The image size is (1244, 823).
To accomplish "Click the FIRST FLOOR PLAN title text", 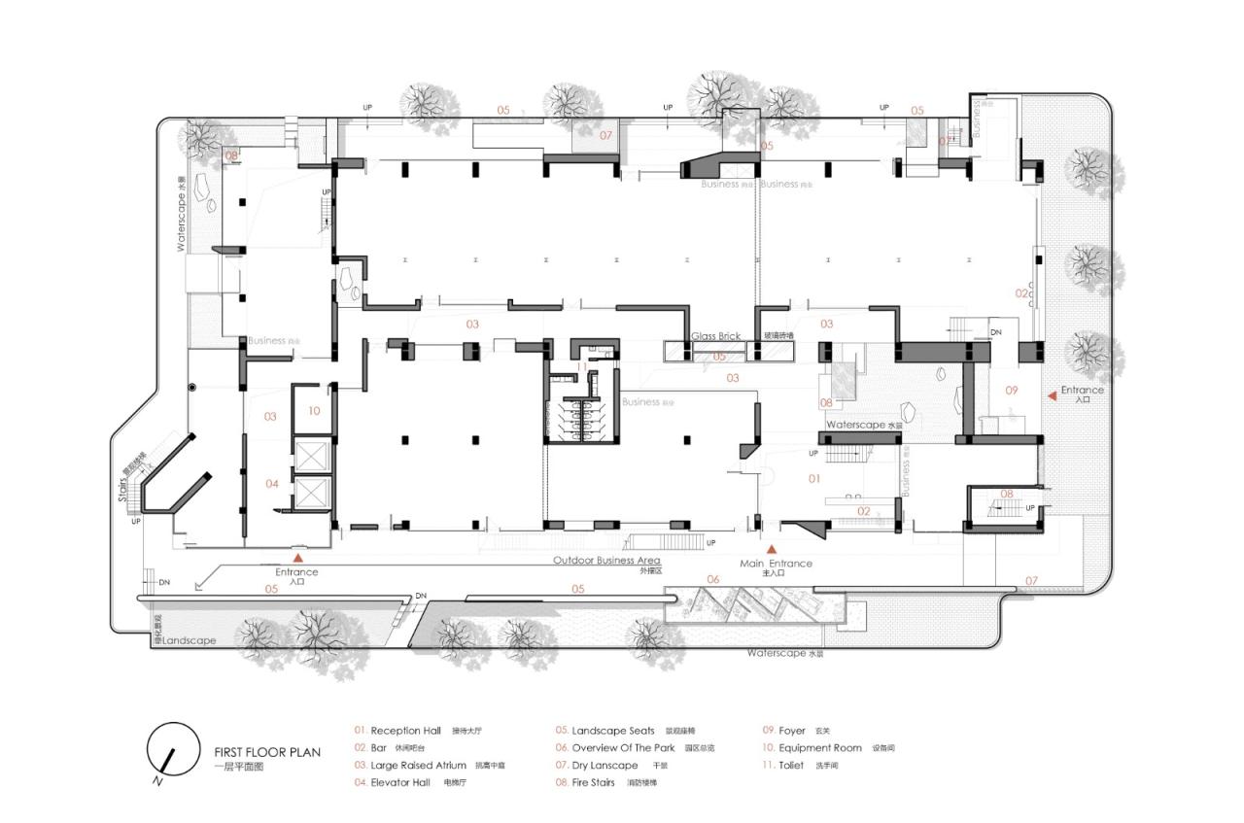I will coord(267,751).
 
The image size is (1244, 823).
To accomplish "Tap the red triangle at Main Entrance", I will coord(773,550).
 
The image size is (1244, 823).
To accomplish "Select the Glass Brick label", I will coord(715,336).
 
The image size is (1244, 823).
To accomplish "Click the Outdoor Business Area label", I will coord(606,561).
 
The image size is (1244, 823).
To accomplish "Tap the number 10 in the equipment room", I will coord(314,411).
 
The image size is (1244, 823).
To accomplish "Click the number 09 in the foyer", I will coord(1011,391).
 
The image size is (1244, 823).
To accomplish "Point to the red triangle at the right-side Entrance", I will coord(1051,396).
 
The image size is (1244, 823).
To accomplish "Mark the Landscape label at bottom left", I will coord(189,641).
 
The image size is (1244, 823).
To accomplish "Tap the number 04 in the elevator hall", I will coord(272,483).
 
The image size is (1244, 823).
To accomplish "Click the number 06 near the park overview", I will coord(712,580).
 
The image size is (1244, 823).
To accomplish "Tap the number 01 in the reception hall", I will coord(814,478).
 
